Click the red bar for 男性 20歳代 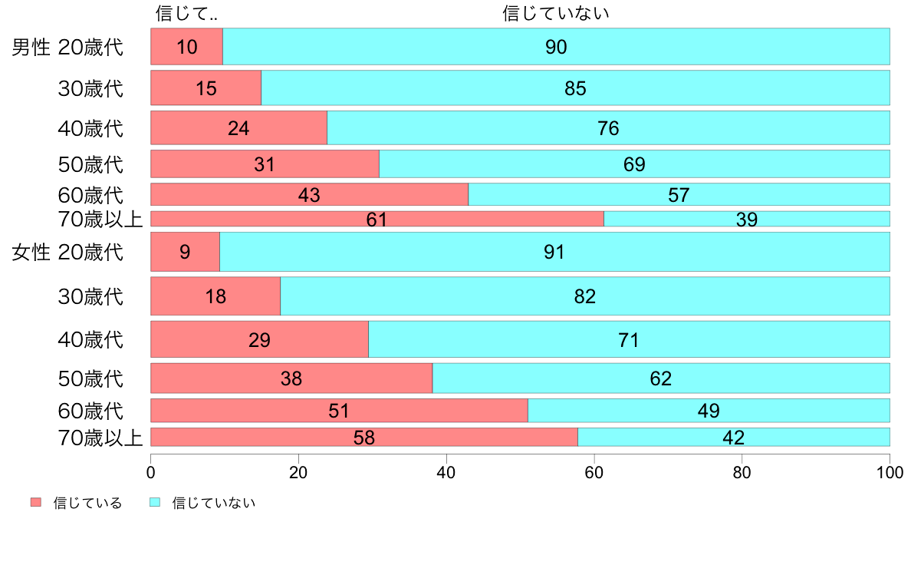coord(186,47)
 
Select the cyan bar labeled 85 coord(575,88)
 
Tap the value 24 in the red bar coord(238,128)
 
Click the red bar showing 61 coord(377,219)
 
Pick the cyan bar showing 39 coord(746,219)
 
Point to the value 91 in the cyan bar coord(554,252)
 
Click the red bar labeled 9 coord(185,252)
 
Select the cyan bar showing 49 coord(709,411)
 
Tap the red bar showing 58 coord(364,438)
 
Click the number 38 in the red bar coord(291,378)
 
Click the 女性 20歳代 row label coord(67,253)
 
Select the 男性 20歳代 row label coord(67,48)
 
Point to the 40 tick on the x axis coord(446,472)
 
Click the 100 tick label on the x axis coord(890,472)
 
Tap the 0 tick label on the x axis coord(151,472)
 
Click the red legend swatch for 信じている coord(36,503)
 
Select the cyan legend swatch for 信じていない coord(154,503)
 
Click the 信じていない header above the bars coord(556,13)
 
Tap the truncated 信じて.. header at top coord(186,13)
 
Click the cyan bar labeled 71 coord(629,339)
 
